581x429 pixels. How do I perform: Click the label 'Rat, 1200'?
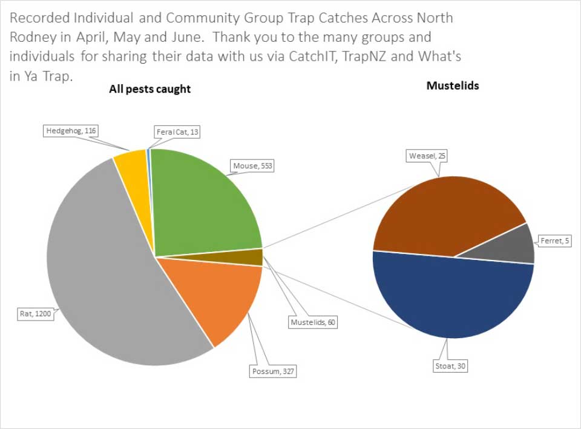click(34, 314)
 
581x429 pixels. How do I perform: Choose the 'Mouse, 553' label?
click(252, 165)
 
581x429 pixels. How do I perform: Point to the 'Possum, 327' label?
click(272, 371)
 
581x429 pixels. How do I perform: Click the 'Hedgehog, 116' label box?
click(71, 130)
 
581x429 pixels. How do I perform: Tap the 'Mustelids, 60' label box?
click(312, 322)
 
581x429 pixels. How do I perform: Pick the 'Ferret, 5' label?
click(555, 241)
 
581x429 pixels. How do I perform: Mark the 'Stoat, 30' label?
click(451, 366)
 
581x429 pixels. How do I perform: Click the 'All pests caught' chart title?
click(149, 89)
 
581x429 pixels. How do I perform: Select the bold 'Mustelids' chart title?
click(452, 85)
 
